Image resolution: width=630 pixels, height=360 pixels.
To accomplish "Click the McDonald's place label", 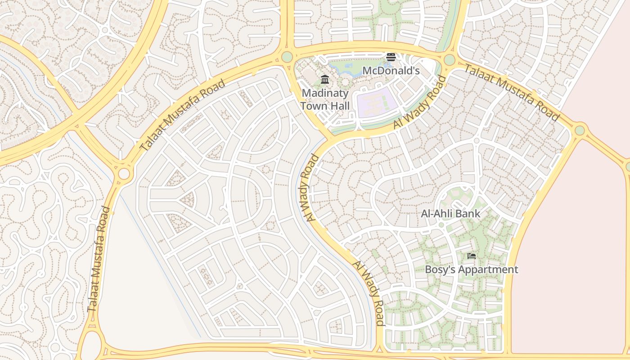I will pos(391,71).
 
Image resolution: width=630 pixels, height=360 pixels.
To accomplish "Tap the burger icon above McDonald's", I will pos(391,57).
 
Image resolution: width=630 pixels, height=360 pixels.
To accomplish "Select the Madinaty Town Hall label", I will pos(325,99).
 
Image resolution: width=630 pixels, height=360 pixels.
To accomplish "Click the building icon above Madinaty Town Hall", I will pos(325,80).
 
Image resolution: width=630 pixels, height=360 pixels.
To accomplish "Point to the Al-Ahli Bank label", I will pos(450,214).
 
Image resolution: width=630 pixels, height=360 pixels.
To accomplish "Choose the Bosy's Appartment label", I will pos(472,270).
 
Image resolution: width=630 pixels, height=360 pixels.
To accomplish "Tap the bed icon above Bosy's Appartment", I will pos(472,256).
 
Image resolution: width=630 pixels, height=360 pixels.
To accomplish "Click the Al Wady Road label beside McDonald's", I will pos(420,103).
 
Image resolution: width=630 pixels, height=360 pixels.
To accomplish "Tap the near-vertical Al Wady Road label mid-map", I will pos(309,188).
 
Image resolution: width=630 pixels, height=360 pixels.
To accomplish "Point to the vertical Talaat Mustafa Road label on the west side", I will pos(99,259).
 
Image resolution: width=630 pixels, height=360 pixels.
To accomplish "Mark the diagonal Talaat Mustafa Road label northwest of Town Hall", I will pos(182,115).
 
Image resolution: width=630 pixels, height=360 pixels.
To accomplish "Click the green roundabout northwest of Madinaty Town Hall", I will pos(287,57).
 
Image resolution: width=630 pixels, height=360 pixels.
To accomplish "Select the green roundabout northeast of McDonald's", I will pos(450,60).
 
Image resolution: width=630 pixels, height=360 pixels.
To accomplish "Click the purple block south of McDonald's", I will pos(377,103).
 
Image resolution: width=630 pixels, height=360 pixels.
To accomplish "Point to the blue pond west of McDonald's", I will pos(344,68).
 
